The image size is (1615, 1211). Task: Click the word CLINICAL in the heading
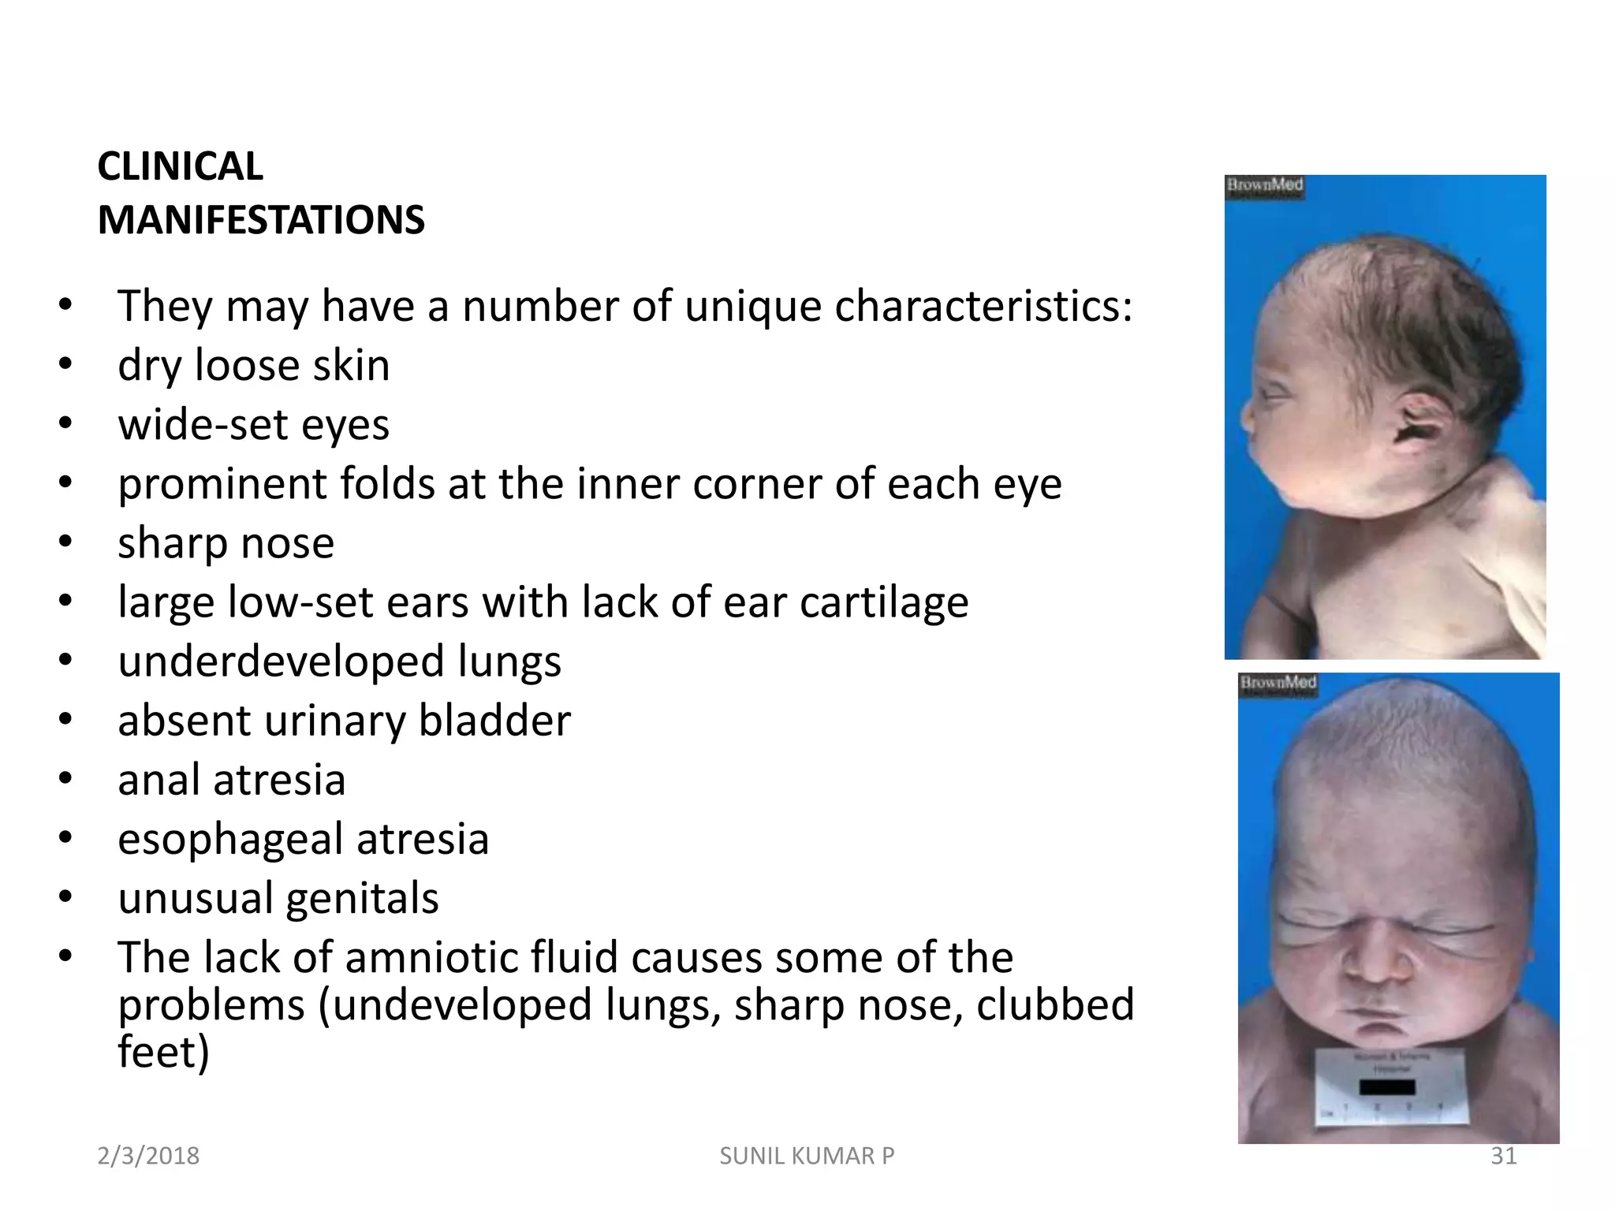pyautogui.click(x=180, y=166)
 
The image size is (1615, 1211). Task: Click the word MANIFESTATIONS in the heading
pyautogui.click(x=261, y=220)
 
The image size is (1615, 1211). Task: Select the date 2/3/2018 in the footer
pyautogui.click(x=148, y=1156)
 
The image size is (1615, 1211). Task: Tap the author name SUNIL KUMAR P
pyautogui.click(x=807, y=1156)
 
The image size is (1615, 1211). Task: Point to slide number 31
pyautogui.click(x=1503, y=1156)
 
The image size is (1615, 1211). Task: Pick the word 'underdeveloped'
pyautogui.click(x=281, y=661)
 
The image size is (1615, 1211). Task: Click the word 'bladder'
pyautogui.click(x=494, y=721)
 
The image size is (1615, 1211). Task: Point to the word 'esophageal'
pyautogui.click(x=230, y=839)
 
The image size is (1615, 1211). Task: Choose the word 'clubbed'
pyautogui.click(x=1055, y=1004)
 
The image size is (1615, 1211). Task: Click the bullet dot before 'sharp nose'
pyautogui.click(x=65, y=542)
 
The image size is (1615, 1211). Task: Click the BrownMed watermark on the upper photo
pyautogui.click(x=1264, y=185)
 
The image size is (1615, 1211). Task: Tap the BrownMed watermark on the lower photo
pyautogui.click(x=1277, y=682)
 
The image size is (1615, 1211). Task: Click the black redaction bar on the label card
pyautogui.click(x=1387, y=1088)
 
